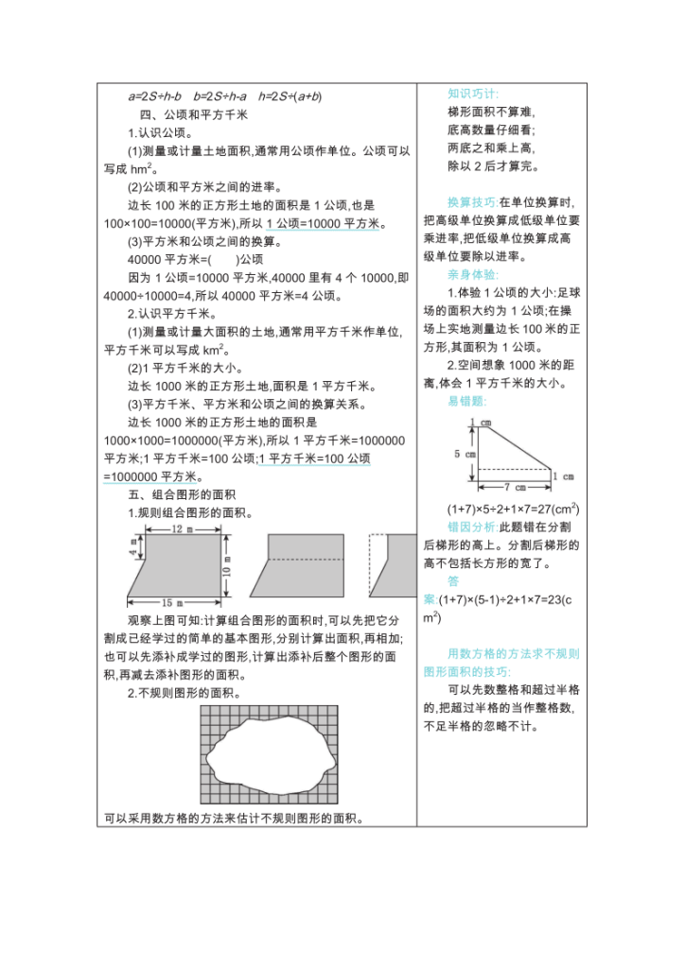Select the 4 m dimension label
[x=133, y=545]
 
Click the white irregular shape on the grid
[x=266, y=755]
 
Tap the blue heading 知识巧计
[x=472, y=94]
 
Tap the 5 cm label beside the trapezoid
[x=464, y=454]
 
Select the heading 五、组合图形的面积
[x=181, y=494]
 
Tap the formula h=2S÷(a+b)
[x=290, y=95]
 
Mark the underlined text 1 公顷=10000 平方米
[x=322, y=223]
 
